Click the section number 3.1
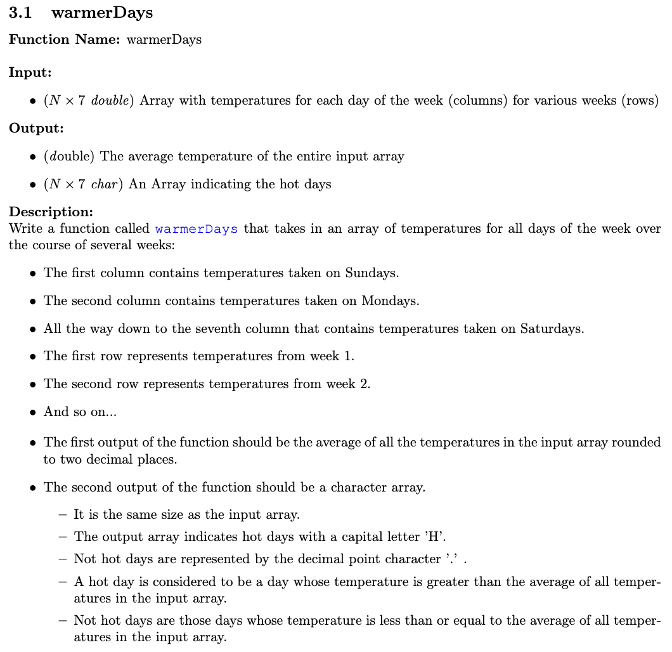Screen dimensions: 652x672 pyautogui.click(x=20, y=13)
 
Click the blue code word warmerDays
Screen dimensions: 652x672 pyautogui.click(x=196, y=229)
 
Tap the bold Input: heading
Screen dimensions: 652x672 pyautogui.click(x=30, y=73)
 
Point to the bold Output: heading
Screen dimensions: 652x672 pyautogui.click(x=36, y=129)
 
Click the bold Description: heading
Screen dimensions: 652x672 pyautogui.click(x=51, y=212)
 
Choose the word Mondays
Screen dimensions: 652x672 pyautogui.click(x=390, y=301)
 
